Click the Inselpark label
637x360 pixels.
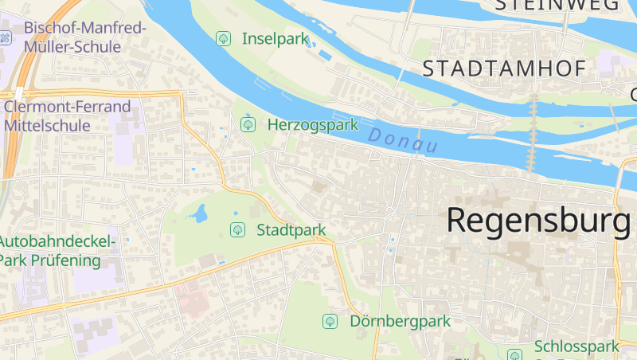(x=275, y=37)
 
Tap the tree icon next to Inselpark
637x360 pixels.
(x=225, y=37)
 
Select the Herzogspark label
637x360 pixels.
(x=313, y=124)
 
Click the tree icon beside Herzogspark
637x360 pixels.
(x=248, y=124)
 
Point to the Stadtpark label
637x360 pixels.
(x=291, y=230)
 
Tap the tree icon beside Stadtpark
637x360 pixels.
(x=237, y=230)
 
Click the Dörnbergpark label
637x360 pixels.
(x=400, y=321)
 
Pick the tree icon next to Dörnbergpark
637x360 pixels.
(x=329, y=321)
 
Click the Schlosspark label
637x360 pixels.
(x=576, y=346)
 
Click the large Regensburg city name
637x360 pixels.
(x=537, y=220)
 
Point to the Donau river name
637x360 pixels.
(x=404, y=141)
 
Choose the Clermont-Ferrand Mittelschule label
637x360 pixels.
(x=67, y=115)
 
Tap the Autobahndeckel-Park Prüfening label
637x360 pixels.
(x=56, y=250)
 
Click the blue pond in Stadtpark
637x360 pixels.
(x=199, y=213)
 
